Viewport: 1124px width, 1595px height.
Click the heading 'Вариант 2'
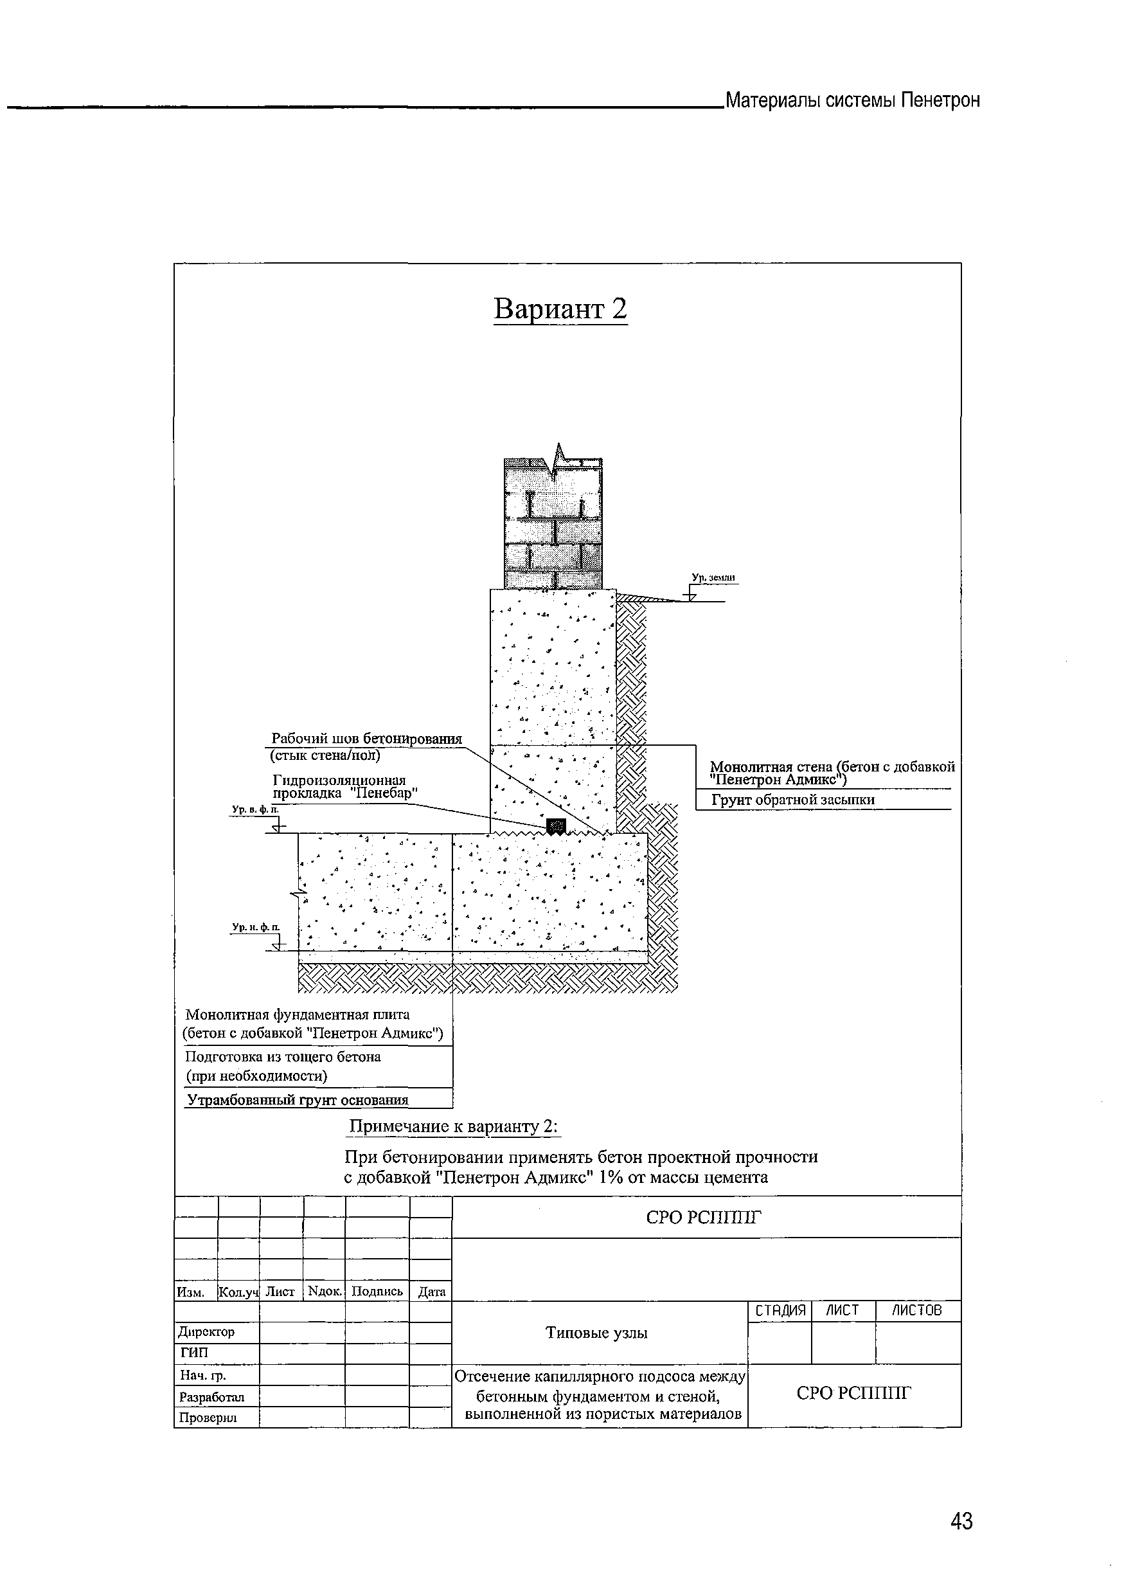click(x=560, y=309)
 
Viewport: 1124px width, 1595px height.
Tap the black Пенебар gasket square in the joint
click(x=556, y=826)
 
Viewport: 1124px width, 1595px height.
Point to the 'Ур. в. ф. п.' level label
click(x=254, y=809)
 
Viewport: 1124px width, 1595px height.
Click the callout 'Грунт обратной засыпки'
click(x=792, y=800)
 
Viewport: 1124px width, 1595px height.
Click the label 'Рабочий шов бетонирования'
click(x=366, y=739)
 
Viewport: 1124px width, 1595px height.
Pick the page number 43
click(x=961, y=1521)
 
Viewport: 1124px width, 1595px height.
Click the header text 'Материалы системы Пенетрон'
click(x=853, y=101)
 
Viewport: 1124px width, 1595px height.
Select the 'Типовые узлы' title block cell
click(x=596, y=1333)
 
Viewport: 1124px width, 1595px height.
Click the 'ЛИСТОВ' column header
click(x=916, y=1310)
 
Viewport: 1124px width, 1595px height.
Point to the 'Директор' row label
click(x=207, y=1331)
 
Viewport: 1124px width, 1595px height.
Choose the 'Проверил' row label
click(x=208, y=1417)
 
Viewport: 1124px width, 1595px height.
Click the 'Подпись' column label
click(x=377, y=1292)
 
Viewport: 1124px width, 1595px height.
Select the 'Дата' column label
click(x=431, y=1292)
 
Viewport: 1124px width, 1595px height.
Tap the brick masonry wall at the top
click(x=553, y=528)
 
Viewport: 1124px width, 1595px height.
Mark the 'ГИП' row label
click(x=194, y=1353)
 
